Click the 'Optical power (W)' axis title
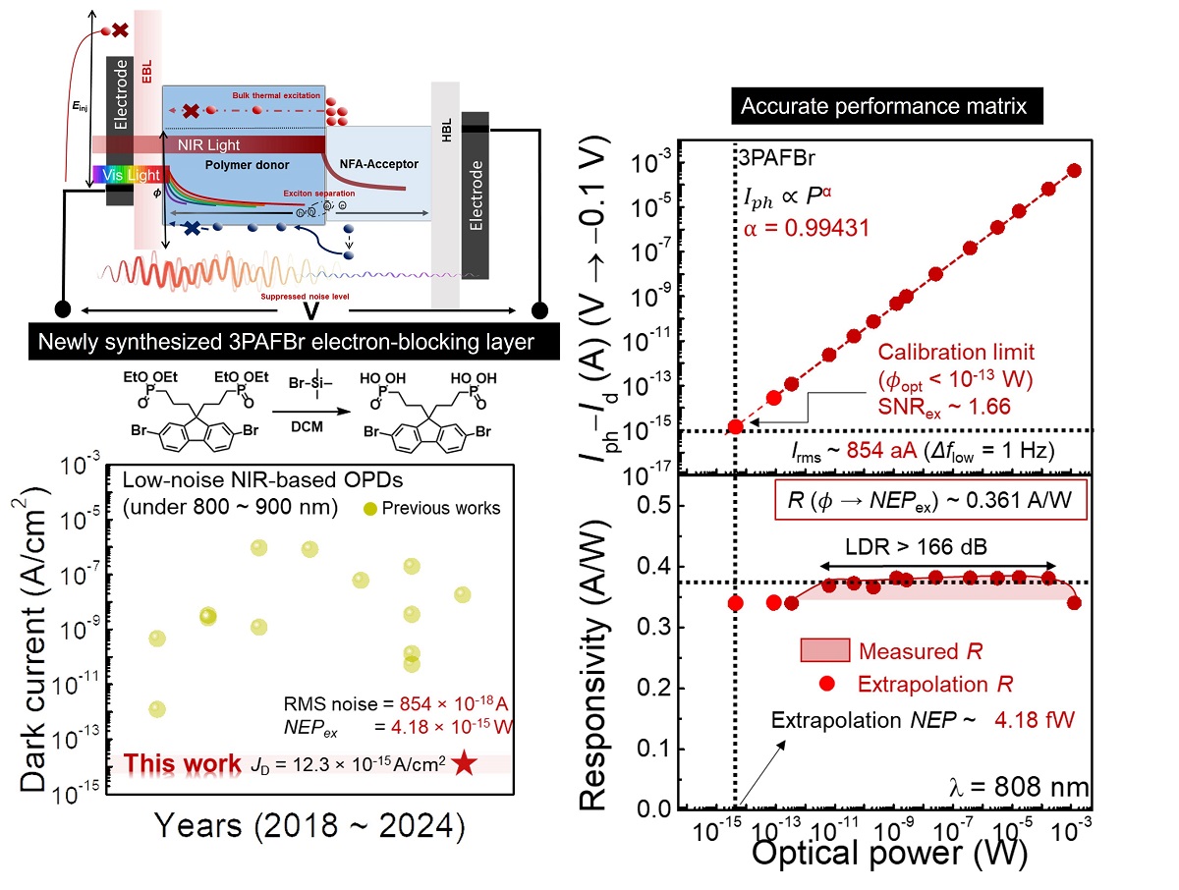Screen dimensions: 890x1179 coord(889,853)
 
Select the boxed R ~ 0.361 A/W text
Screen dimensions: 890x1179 coord(930,502)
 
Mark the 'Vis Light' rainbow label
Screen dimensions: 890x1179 coord(126,174)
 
